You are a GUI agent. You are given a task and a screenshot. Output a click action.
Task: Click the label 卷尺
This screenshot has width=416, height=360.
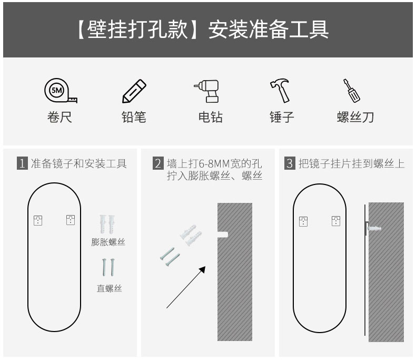tap(60, 117)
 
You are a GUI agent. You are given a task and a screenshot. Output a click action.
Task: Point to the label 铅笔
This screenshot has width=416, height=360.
tap(134, 117)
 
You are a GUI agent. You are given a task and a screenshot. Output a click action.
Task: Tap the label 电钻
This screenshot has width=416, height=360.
tap(210, 117)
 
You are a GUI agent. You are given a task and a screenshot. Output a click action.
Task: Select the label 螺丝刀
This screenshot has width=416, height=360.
tap(355, 117)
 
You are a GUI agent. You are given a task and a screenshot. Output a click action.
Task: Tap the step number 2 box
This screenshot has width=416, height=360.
tap(157, 163)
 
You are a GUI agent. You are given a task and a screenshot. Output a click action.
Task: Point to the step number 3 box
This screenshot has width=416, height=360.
tap(289, 163)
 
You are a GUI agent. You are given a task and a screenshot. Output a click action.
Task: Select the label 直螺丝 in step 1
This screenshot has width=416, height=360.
tap(108, 288)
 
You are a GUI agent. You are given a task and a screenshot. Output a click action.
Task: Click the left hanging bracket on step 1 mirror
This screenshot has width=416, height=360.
tap(37, 220)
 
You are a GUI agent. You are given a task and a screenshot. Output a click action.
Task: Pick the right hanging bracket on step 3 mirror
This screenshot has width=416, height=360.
tap(335, 221)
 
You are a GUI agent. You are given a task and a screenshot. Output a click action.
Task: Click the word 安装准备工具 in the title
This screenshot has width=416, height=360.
tap(269, 30)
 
